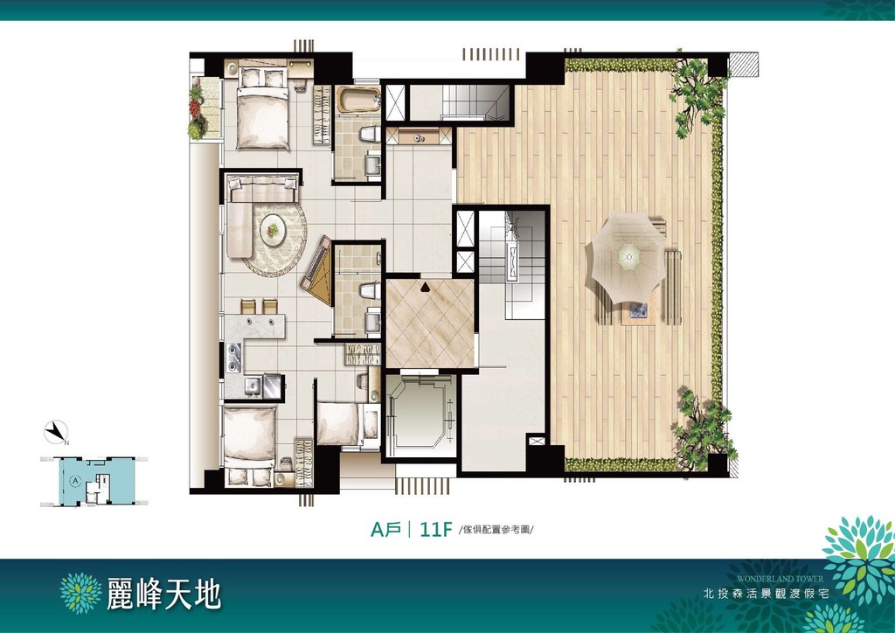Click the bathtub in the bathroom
pyautogui.click(x=357, y=100)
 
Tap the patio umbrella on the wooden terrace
pyautogui.click(x=628, y=257)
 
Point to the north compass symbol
pyautogui.click(x=56, y=432)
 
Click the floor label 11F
pyautogui.click(x=435, y=530)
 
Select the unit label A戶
pyautogui.click(x=385, y=530)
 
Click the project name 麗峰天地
pyautogui.click(x=163, y=594)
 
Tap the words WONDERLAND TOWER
pyautogui.click(x=780, y=578)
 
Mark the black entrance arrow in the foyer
pyautogui.click(x=425, y=287)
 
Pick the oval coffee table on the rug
pyautogui.click(x=274, y=229)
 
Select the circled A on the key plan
pyautogui.click(x=74, y=481)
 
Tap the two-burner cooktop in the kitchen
pyautogui.click(x=233, y=357)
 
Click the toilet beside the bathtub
pyautogui.click(x=370, y=135)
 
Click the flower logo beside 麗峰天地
pyautogui.click(x=81, y=594)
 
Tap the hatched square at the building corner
pyautogui.click(x=744, y=64)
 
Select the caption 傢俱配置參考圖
pyautogui.click(x=496, y=530)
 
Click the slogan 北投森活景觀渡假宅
pyautogui.click(x=766, y=594)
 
